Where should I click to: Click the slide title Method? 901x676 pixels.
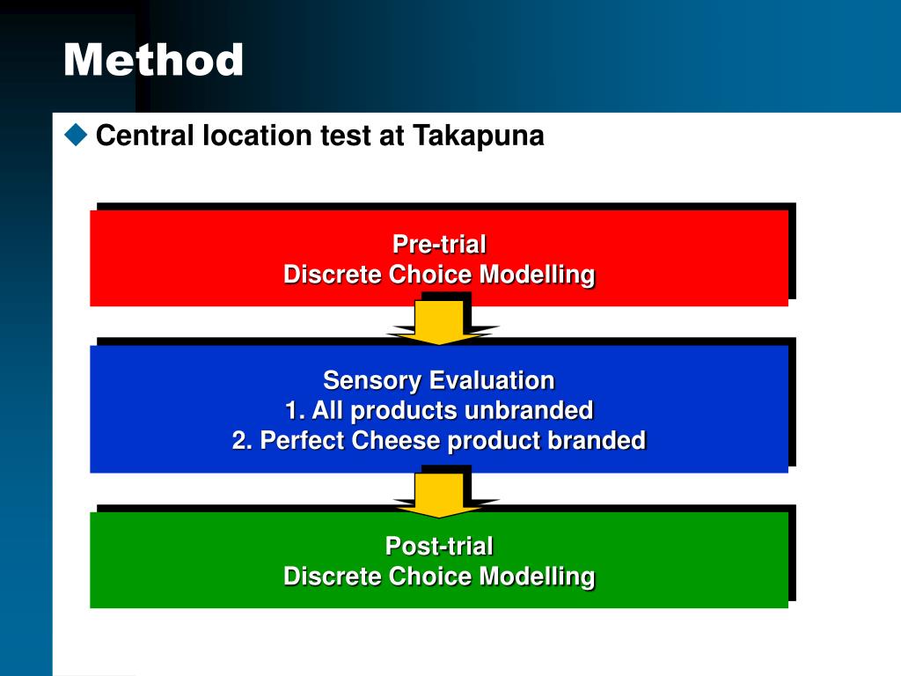153,61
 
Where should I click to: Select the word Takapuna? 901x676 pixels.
479,136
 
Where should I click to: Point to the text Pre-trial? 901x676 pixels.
439,244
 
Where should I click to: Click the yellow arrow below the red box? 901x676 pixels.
439,321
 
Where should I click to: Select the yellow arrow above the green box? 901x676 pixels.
439,494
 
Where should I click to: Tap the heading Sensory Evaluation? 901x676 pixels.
439,380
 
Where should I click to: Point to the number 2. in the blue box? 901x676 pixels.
242,440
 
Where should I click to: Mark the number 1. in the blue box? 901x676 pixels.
295,410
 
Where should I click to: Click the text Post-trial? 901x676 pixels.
439,546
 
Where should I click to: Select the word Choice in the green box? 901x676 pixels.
431,577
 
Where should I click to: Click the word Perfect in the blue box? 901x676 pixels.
304,440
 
